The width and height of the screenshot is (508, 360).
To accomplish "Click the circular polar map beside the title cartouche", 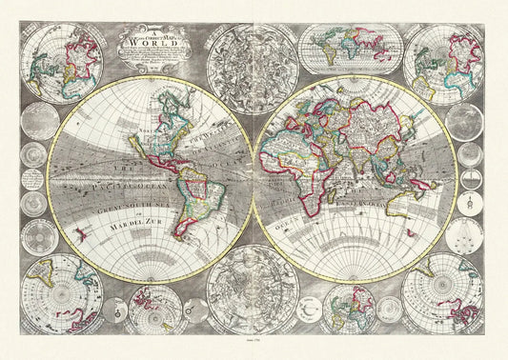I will (x=63, y=63).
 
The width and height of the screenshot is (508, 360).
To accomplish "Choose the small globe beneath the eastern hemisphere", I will (x=347, y=310).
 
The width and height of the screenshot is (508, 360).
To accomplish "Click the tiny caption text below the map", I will (x=254, y=353).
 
